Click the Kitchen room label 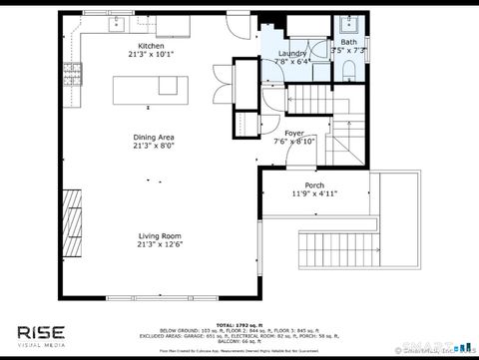coord(151,46)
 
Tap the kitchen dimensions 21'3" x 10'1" coord(151,55)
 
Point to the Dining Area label coord(154,137)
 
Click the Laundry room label coord(291,53)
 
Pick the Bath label coord(347,42)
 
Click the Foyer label coord(293,133)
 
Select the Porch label coord(313,185)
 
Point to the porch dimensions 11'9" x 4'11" coord(313,194)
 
